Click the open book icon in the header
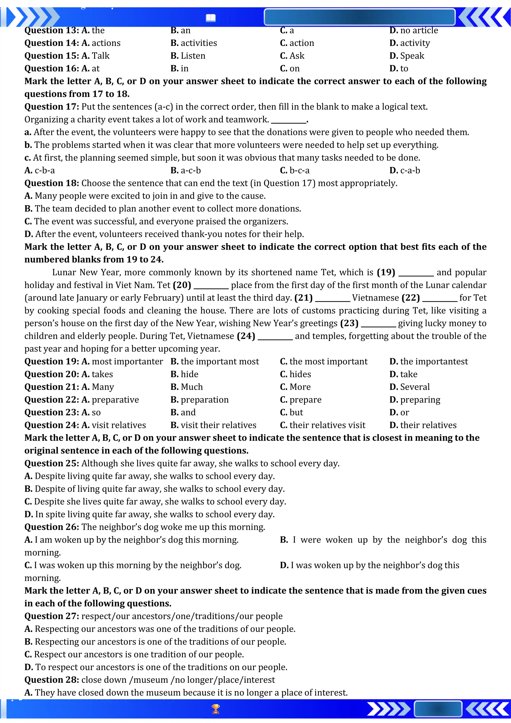pos(211,18)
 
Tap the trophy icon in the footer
pos(216,709)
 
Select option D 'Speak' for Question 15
pos(407,56)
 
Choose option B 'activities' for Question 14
pos(194,43)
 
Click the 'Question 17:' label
pos(52,107)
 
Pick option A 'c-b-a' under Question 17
pos(40,170)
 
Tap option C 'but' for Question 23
pos(291,412)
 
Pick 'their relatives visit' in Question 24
pos(323,425)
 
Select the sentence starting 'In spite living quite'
pos(150,514)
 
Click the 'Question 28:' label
pos(52,680)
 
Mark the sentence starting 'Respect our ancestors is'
pos(134,654)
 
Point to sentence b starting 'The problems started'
pos(231,145)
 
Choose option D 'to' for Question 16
pos(399,69)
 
